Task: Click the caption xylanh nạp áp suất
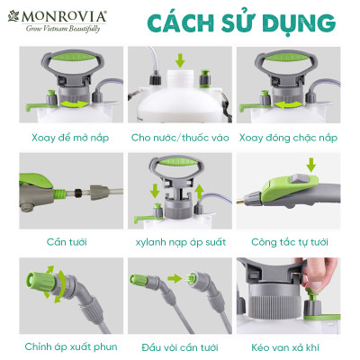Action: tap(179, 241)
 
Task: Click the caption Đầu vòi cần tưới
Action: tap(179, 346)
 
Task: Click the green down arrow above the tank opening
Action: tap(181, 61)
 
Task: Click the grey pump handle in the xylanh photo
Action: tap(179, 166)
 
